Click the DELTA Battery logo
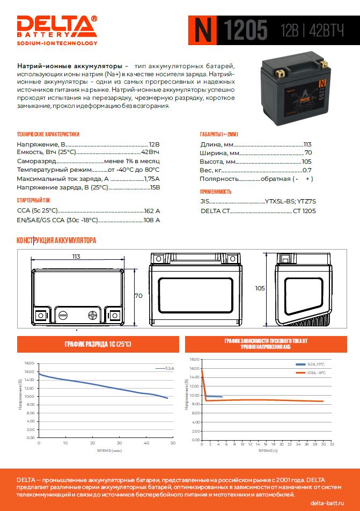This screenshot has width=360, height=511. [57, 30]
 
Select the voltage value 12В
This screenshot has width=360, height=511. [154, 144]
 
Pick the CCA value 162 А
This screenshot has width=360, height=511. [152, 211]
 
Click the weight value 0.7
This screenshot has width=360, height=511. [307, 170]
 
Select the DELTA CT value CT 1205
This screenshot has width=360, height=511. [304, 211]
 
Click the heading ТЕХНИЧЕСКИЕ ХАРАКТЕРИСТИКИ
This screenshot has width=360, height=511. [48, 134]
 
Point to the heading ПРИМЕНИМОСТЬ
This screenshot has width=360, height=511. [215, 192]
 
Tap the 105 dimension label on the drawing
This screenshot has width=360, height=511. [260, 288]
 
